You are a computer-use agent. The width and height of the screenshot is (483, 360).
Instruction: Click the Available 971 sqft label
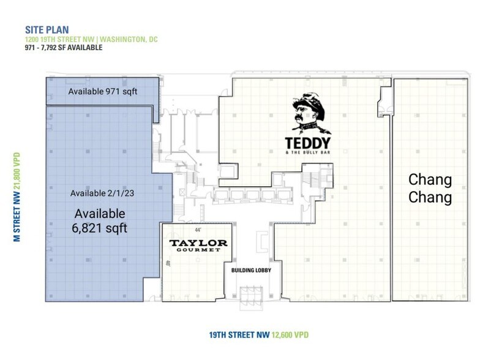click(x=103, y=92)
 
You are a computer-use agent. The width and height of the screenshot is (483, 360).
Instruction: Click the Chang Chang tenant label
click(x=430, y=189)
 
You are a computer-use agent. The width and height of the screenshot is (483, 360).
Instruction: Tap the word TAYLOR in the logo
click(x=198, y=243)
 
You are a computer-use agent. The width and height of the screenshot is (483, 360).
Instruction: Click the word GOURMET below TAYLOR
click(x=198, y=252)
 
